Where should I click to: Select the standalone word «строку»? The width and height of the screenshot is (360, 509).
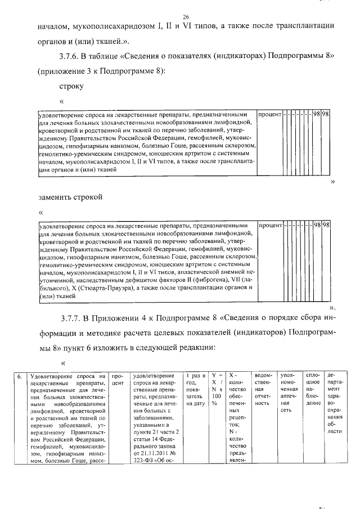click(x=71, y=87)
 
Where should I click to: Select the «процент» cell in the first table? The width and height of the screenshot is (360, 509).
click(x=269, y=114)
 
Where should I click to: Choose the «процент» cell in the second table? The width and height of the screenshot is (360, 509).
click(x=269, y=225)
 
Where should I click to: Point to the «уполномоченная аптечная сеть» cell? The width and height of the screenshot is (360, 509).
click(x=289, y=392)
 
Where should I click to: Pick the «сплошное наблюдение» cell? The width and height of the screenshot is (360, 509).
click(x=313, y=389)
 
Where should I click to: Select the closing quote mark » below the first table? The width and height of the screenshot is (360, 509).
click(x=333, y=182)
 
